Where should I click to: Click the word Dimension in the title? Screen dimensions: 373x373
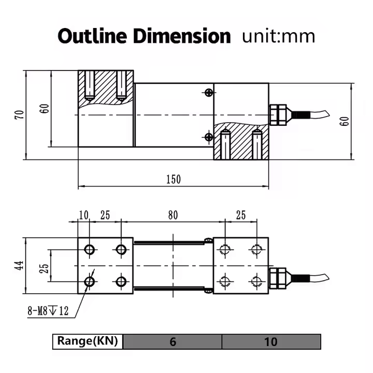181,37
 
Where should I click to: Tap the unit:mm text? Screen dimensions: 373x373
278,37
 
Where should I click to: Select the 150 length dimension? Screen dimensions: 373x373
173,179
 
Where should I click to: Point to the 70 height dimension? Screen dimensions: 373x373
20,115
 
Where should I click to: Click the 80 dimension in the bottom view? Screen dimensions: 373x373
173,214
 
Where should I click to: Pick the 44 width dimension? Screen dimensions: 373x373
20,266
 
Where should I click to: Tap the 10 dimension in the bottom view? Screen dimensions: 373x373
83,214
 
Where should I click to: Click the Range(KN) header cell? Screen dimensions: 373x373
88,341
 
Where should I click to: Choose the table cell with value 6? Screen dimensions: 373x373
173,341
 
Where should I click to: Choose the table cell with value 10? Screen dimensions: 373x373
270,341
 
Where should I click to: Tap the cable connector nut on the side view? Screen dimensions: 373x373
278,114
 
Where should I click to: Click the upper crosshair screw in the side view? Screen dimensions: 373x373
208,93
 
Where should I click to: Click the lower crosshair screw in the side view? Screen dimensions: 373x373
208,137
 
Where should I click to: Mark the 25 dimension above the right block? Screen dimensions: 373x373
240,214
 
